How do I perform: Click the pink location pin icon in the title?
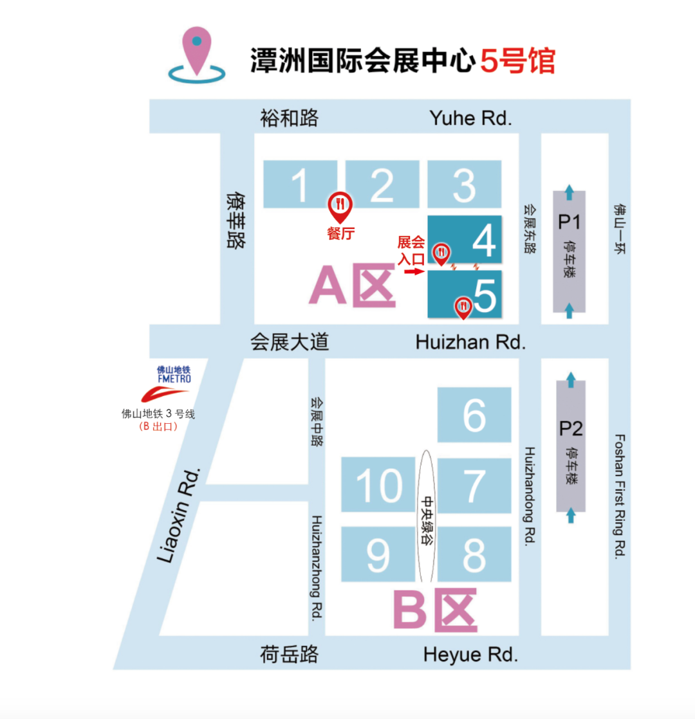pos(197,51)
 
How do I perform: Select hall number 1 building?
pos(300,185)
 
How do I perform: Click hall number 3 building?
pos(464,185)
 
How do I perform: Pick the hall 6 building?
pos(474,415)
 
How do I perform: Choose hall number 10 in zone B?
pos(378,484)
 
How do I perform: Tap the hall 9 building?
pos(378,554)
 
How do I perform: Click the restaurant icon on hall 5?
pos(463,307)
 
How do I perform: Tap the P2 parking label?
pos(570,428)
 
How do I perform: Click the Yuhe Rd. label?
pos(470,118)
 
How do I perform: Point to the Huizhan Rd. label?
pos(470,342)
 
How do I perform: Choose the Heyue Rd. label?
pos(470,655)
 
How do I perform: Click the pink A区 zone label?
pos(352,287)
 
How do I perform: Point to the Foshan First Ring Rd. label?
pos(620,496)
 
